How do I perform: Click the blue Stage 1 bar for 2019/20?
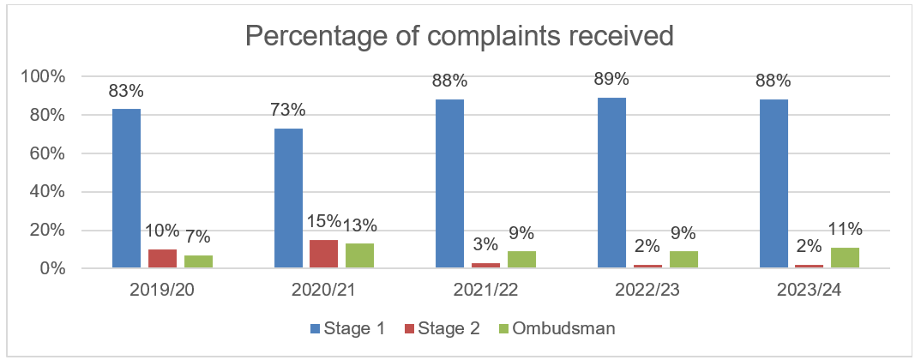(x=126, y=189)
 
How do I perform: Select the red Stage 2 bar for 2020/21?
(x=288, y=255)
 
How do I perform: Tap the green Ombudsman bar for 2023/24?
(x=844, y=259)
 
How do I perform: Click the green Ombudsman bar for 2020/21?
(x=359, y=256)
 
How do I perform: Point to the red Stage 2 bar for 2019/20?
(x=162, y=259)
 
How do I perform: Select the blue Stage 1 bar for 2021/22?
(x=449, y=184)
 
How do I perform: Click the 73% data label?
(x=288, y=111)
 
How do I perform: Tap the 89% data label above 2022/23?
(x=611, y=80)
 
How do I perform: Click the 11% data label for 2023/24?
(x=845, y=229)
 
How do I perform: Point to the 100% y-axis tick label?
(x=41, y=76)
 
